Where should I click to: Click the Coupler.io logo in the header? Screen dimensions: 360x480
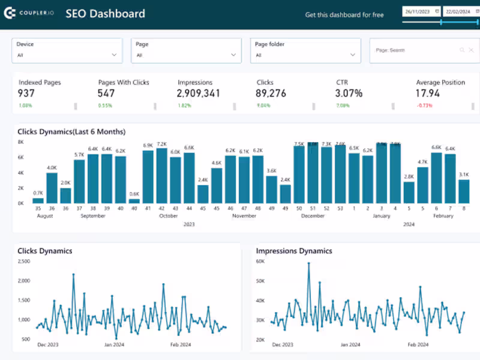[29, 13]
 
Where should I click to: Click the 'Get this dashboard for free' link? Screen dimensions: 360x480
[344, 14]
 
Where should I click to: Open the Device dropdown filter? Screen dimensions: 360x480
[67, 51]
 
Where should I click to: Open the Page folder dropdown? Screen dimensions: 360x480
[305, 51]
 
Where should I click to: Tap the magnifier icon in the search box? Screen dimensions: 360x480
[462, 50]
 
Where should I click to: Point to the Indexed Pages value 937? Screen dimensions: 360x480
[26, 94]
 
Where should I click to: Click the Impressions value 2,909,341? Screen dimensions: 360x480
[199, 94]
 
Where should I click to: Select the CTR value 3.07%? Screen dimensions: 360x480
[349, 94]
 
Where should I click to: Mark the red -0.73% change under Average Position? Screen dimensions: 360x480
[424, 106]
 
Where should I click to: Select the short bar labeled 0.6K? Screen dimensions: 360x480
[134, 200]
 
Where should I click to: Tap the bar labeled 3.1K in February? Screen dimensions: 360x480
[464, 191]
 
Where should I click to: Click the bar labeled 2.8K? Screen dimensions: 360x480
[409, 193]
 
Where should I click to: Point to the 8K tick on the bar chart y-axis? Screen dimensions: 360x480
[20, 142]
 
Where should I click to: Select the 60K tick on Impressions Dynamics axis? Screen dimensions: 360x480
[260, 262]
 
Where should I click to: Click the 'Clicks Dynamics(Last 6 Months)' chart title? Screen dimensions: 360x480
[71, 131]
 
